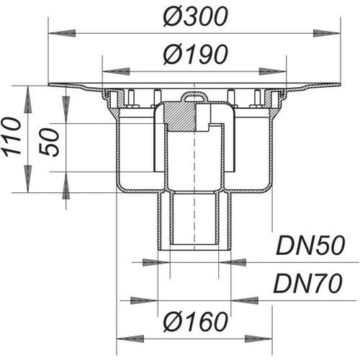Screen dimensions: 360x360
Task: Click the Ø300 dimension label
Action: pos(195,17)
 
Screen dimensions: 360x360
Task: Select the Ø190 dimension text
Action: pos(195,55)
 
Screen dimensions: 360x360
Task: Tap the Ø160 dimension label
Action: pos(195,322)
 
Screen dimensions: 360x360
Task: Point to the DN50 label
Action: pos(310,246)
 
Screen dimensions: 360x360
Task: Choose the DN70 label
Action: pos(308,283)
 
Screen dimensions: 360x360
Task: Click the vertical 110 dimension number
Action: pos(12,137)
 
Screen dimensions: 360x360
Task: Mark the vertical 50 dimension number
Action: pos(49,143)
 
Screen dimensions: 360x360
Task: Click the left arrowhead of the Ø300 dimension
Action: pos(62,33)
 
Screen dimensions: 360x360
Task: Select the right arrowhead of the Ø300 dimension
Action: pos(327,33)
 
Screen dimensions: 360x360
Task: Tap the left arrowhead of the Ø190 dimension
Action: pos(116,71)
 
